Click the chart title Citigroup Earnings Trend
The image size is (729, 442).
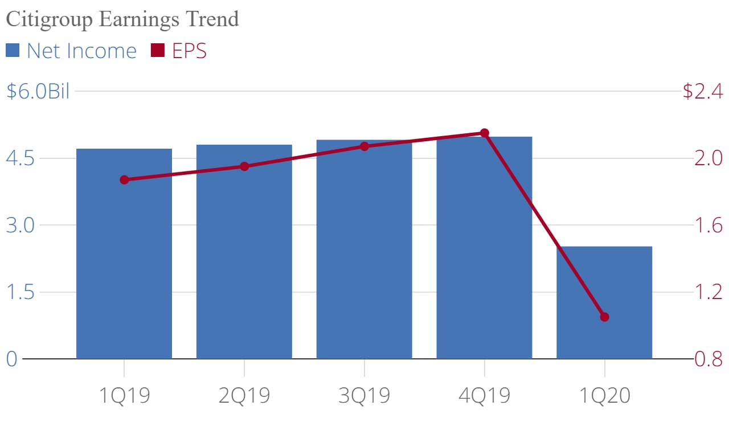coord(122,19)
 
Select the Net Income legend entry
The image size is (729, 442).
coord(72,51)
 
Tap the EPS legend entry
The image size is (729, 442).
coord(179,51)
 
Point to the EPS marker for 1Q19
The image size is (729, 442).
coord(124,180)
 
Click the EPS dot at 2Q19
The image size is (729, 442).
coord(244,166)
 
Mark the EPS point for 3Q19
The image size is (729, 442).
coord(364,146)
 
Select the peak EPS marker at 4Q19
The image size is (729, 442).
coord(484,133)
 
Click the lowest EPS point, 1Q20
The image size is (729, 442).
coord(604,317)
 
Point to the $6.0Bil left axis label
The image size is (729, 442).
coord(38,91)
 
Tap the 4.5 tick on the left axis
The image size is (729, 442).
coord(20,158)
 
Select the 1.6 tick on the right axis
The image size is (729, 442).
coord(708,226)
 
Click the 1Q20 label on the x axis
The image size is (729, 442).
coord(604,395)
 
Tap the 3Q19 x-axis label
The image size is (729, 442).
coord(364,395)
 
